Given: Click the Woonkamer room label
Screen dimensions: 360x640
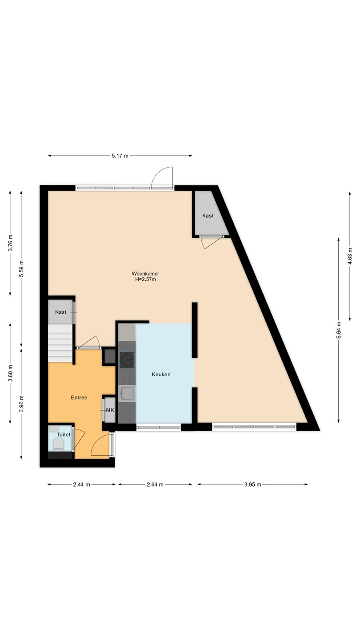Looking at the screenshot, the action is point(145,273).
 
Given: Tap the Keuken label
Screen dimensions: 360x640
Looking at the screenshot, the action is point(161,374).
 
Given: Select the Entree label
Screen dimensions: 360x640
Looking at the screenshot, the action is point(79,397).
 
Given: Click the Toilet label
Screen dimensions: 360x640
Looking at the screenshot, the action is point(64,435).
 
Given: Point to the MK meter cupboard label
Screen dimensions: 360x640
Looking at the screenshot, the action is point(110,410).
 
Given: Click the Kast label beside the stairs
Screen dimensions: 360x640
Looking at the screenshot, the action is point(60,312).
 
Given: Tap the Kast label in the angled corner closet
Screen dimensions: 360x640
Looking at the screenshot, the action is point(208,216).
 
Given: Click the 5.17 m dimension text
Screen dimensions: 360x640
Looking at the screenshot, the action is point(120,156).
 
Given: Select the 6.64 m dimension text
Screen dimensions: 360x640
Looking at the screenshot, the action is point(339,330).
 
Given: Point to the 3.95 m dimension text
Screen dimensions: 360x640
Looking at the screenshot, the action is point(252,484).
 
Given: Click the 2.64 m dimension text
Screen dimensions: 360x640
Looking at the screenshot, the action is point(155,484).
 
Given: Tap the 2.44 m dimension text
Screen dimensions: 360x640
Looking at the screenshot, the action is point(81,484).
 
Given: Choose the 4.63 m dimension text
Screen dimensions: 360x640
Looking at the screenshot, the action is point(350,256).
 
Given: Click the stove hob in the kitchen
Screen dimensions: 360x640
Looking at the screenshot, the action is point(127,360).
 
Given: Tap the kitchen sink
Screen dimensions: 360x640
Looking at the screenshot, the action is point(127,393).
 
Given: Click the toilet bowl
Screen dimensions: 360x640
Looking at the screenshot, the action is point(59,444).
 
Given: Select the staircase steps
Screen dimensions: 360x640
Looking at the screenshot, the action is point(60,343).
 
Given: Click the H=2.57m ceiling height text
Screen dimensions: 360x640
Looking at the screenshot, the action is point(145,280).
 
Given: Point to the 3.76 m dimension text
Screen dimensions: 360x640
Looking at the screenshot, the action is point(10,243).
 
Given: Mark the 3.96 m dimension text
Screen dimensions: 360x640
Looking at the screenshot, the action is point(21,404).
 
